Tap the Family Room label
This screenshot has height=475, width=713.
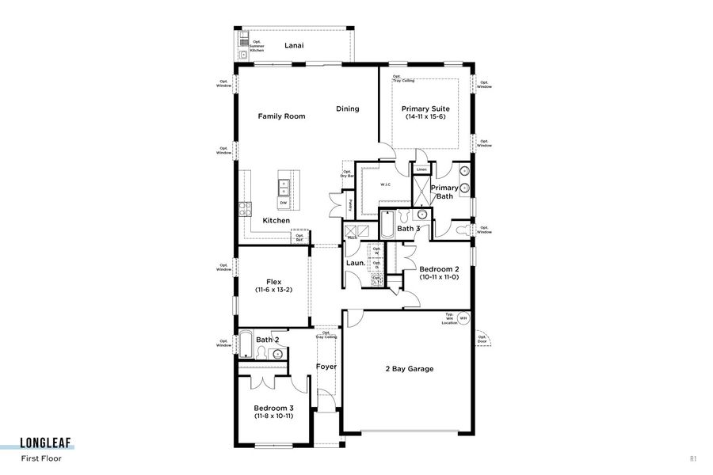(x=281, y=116)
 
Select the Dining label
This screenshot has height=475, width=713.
(x=347, y=109)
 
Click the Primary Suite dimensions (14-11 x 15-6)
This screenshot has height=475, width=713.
(x=425, y=117)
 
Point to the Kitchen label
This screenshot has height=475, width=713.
(x=276, y=220)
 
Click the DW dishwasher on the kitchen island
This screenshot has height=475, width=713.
(x=283, y=203)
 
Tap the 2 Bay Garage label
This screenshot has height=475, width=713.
(x=409, y=369)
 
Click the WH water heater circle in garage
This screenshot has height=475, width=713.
(x=463, y=318)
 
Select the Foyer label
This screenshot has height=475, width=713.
(x=326, y=367)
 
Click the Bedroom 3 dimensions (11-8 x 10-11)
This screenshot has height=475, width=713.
(x=273, y=416)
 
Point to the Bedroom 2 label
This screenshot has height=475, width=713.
(x=439, y=269)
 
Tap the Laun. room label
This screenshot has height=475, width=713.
(x=356, y=263)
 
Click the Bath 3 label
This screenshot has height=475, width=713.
(x=409, y=229)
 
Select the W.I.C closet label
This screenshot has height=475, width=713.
(x=385, y=184)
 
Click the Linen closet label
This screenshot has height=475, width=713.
(x=421, y=169)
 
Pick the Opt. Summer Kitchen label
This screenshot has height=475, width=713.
(x=257, y=46)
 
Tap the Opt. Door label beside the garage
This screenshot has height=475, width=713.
(x=482, y=340)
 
